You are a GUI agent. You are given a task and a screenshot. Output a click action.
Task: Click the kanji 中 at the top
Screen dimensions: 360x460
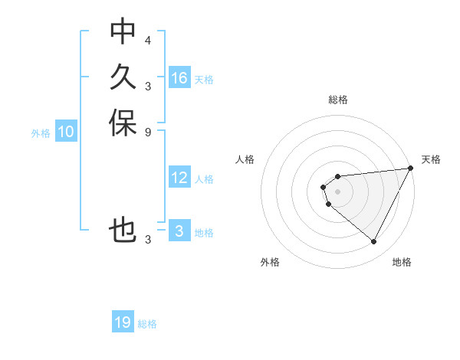[x=123, y=31]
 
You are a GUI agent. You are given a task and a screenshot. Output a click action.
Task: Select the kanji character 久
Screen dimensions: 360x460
[x=123, y=77]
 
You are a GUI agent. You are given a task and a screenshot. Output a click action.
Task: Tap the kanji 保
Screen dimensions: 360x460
[x=123, y=123]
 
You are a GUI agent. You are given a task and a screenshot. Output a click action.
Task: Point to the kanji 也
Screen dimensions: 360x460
[x=123, y=231]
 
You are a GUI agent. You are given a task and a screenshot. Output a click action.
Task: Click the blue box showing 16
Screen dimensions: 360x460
[x=179, y=78]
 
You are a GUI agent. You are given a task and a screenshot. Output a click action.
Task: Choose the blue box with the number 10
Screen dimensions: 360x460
[x=66, y=133]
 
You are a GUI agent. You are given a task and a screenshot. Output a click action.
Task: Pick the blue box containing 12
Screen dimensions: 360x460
[x=179, y=178]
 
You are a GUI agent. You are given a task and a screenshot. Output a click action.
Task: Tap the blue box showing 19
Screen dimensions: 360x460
[x=123, y=322]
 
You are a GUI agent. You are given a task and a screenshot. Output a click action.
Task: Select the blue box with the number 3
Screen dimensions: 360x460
[x=179, y=231]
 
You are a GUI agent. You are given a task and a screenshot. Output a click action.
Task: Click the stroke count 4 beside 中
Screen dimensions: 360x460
[x=148, y=39]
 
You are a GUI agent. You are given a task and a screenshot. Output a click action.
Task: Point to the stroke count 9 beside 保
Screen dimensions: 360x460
[x=148, y=131]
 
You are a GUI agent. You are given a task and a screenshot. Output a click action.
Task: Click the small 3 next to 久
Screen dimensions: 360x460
[x=148, y=85]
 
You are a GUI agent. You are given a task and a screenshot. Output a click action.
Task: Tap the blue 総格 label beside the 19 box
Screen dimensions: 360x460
[x=147, y=324]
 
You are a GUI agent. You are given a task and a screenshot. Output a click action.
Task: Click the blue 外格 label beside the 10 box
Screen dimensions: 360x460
[x=41, y=133]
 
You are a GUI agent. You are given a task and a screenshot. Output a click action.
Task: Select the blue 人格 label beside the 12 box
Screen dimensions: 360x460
[x=204, y=179]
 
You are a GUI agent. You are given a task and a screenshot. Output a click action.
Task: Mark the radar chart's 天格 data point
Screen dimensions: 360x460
[x=411, y=169]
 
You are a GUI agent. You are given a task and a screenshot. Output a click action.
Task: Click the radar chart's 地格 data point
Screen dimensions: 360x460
[x=374, y=242]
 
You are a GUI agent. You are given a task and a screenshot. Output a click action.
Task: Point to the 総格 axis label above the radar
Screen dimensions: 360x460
[x=338, y=100]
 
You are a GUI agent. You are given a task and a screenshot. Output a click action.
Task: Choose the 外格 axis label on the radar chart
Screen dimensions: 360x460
[x=270, y=262]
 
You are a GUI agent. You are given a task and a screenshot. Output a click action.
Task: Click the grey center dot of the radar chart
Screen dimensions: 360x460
[x=338, y=191]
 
